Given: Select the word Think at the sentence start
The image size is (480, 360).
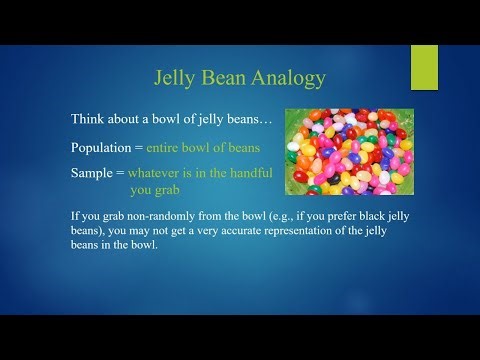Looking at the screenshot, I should (x=88, y=119).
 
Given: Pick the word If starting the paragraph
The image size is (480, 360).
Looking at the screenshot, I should (x=76, y=214).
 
